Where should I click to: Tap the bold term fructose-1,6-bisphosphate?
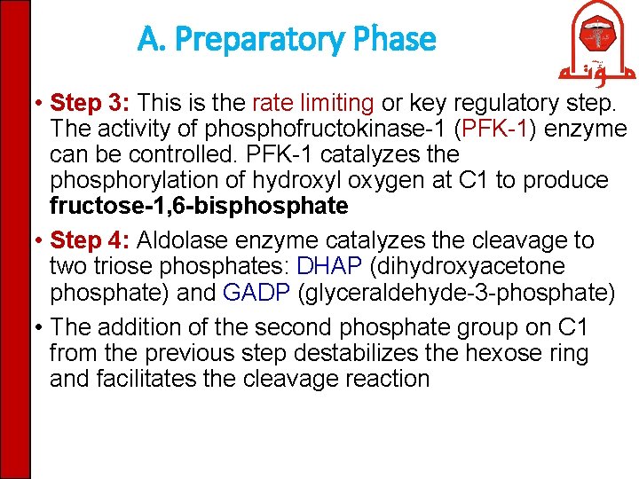(x=199, y=207)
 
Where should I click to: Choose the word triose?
(x=122, y=266)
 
